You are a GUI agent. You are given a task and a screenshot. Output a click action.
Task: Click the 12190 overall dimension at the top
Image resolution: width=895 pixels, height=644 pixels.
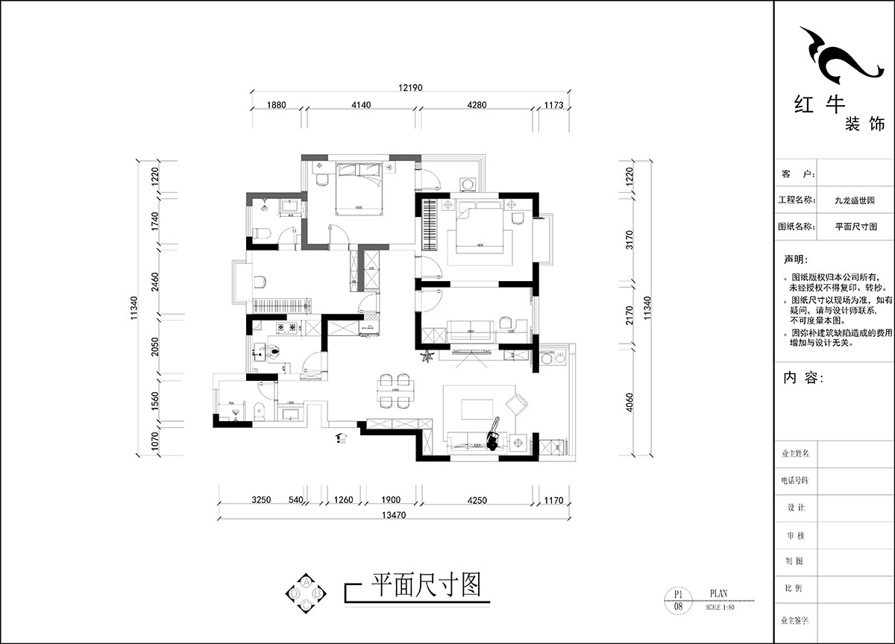click(x=410, y=88)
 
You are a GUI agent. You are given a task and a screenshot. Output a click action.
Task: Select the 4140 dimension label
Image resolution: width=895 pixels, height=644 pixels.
click(x=360, y=106)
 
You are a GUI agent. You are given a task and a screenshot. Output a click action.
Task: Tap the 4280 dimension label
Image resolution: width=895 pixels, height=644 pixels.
click(x=477, y=106)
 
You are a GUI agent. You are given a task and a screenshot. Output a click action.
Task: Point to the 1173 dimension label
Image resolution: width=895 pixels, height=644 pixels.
click(x=553, y=106)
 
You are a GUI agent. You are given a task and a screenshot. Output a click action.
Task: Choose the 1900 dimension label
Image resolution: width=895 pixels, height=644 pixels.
click(x=391, y=500)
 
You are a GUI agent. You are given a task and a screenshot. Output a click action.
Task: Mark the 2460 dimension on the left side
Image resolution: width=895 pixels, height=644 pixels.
click(x=155, y=284)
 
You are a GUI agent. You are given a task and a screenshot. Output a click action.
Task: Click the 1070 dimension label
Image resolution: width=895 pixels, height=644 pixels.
click(x=155, y=442)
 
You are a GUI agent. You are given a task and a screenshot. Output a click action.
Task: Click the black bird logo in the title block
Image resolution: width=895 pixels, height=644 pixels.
click(x=836, y=56)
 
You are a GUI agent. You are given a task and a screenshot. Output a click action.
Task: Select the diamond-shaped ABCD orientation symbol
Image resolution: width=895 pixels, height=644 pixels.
click(x=306, y=593)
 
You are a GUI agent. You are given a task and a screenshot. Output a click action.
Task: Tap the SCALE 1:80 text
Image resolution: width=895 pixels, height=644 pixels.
click(x=720, y=607)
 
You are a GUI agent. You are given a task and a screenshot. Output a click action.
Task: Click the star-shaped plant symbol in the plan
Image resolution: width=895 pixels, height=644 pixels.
click(x=428, y=357)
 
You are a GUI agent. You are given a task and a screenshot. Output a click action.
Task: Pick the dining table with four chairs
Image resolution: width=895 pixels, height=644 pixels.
click(x=393, y=391)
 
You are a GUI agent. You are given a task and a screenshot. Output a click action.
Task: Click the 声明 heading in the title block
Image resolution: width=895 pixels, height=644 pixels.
click(x=794, y=260)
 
